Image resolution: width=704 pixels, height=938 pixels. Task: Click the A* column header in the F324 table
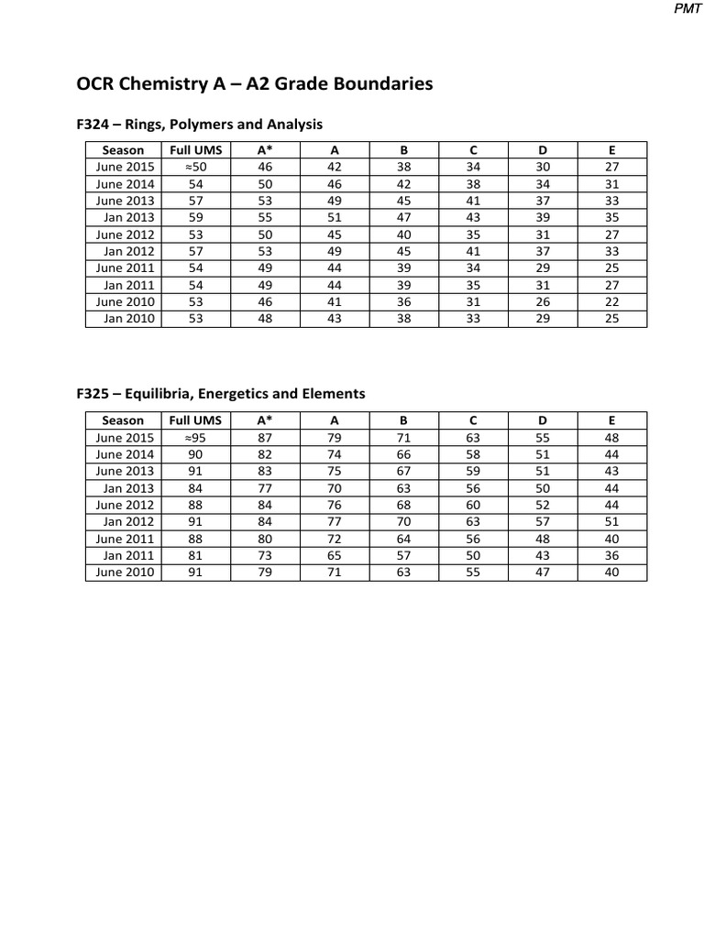(x=265, y=149)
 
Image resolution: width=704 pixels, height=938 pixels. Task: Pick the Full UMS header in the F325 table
(x=195, y=420)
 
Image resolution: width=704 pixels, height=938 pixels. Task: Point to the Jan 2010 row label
(x=129, y=319)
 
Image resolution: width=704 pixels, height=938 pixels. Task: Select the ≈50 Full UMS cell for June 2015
(x=195, y=167)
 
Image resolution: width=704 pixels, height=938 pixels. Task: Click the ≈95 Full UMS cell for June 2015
(x=195, y=437)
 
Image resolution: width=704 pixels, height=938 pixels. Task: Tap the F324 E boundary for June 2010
(x=612, y=302)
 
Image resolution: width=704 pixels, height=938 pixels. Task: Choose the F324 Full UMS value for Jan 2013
(x=195, y=217)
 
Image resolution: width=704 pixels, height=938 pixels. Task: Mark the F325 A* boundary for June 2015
(x=265, y=437)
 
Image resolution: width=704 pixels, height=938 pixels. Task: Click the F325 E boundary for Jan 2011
(x=612, y=555)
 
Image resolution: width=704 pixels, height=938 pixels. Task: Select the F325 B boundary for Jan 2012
(x=403, y=521)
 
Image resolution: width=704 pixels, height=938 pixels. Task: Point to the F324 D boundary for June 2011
(x=543, y=268)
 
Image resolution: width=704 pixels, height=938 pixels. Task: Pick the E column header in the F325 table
(x=612, y=420)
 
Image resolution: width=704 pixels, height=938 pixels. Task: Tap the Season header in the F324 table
(x=123, y=149)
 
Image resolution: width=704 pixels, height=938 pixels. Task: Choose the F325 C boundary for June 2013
(x=473, y=471)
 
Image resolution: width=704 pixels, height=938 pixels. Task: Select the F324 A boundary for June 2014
(x=334, y=183)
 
